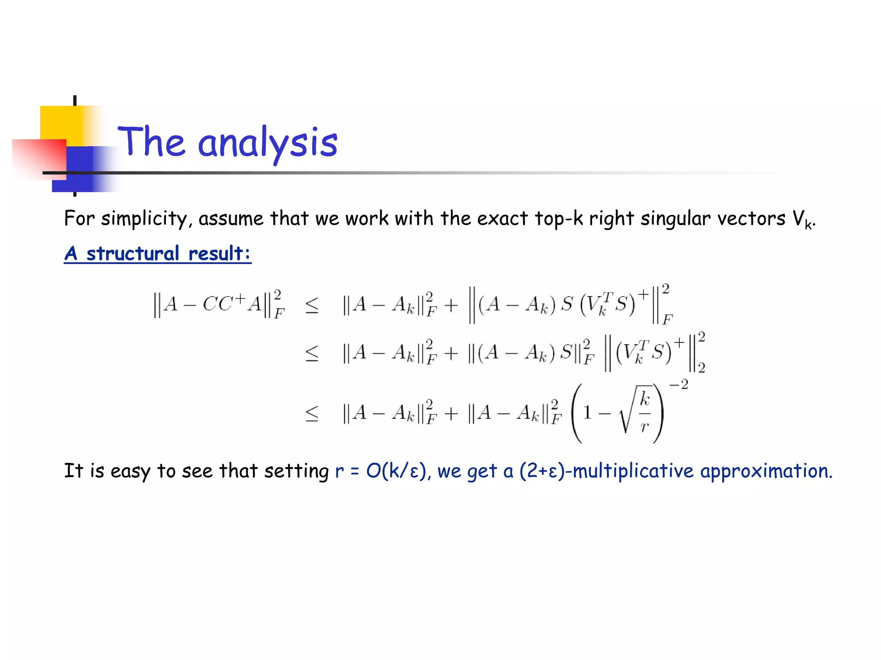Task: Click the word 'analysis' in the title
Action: [268, 143]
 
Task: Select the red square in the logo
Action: [39, 158]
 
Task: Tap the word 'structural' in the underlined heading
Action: [133, 253]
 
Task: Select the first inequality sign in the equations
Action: [312, 305]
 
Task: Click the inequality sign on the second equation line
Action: [312, 353]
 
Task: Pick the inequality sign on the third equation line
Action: [312, 413]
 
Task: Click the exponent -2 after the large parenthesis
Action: [678, 384]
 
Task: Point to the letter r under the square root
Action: [644, 427]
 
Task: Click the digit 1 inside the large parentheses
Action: [587, 413]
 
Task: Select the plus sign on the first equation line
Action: [451, 305]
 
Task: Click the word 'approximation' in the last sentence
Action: [766, 471]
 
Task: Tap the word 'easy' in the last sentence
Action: [130, 471]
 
